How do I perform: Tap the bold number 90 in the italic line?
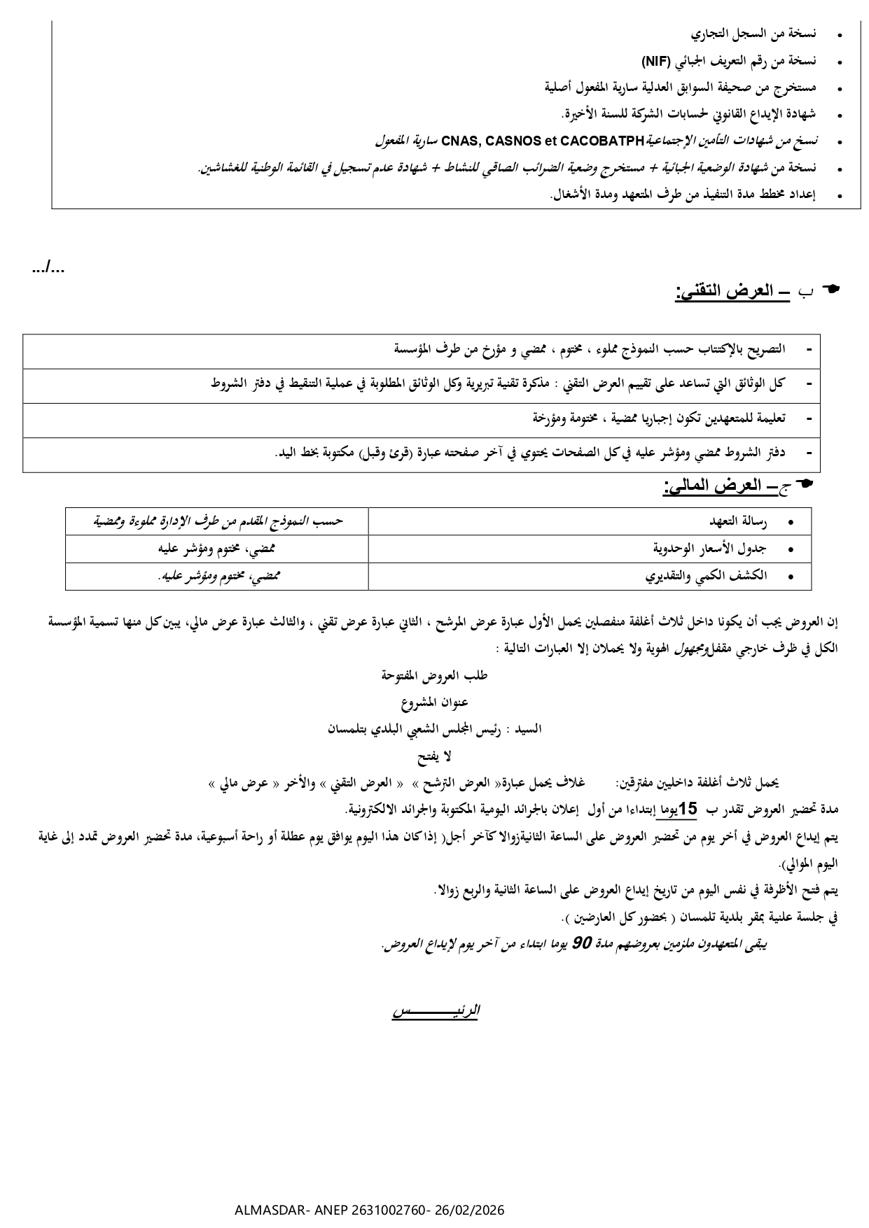(x=582, y=944)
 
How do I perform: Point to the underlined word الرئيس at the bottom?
(x=435, y=1011)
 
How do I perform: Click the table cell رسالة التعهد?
(x=739, y=522)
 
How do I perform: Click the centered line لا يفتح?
(x=434, y=756)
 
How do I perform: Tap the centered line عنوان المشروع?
(x=434, y=702)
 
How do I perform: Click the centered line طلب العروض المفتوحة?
(x=434, y=675)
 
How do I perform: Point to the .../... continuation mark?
(x=49, y=267)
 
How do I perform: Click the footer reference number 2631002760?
(x=388, y=1211)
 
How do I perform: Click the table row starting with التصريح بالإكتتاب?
(x=588, y=348)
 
